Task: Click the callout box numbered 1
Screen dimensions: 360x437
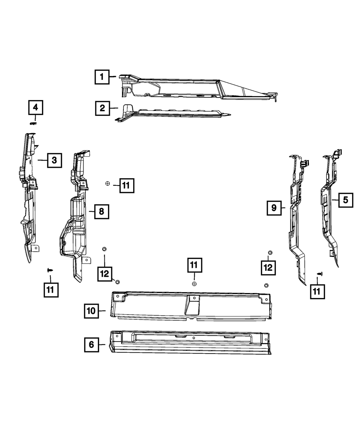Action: tap(102, 77)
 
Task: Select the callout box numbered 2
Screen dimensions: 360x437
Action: tap(103, 108)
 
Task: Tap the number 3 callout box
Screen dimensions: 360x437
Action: tap(54, 160)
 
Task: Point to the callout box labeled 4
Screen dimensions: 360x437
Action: tap(35, 107)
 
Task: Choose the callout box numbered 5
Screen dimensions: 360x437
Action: tap(346, 200)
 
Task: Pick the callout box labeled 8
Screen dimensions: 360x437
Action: tap(102, 211)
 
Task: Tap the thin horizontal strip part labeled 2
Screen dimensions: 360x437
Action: tap(173, 113)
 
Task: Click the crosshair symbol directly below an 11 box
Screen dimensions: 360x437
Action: tap(194, 284)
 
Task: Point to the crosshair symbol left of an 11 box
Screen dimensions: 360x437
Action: tap(107, 184)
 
